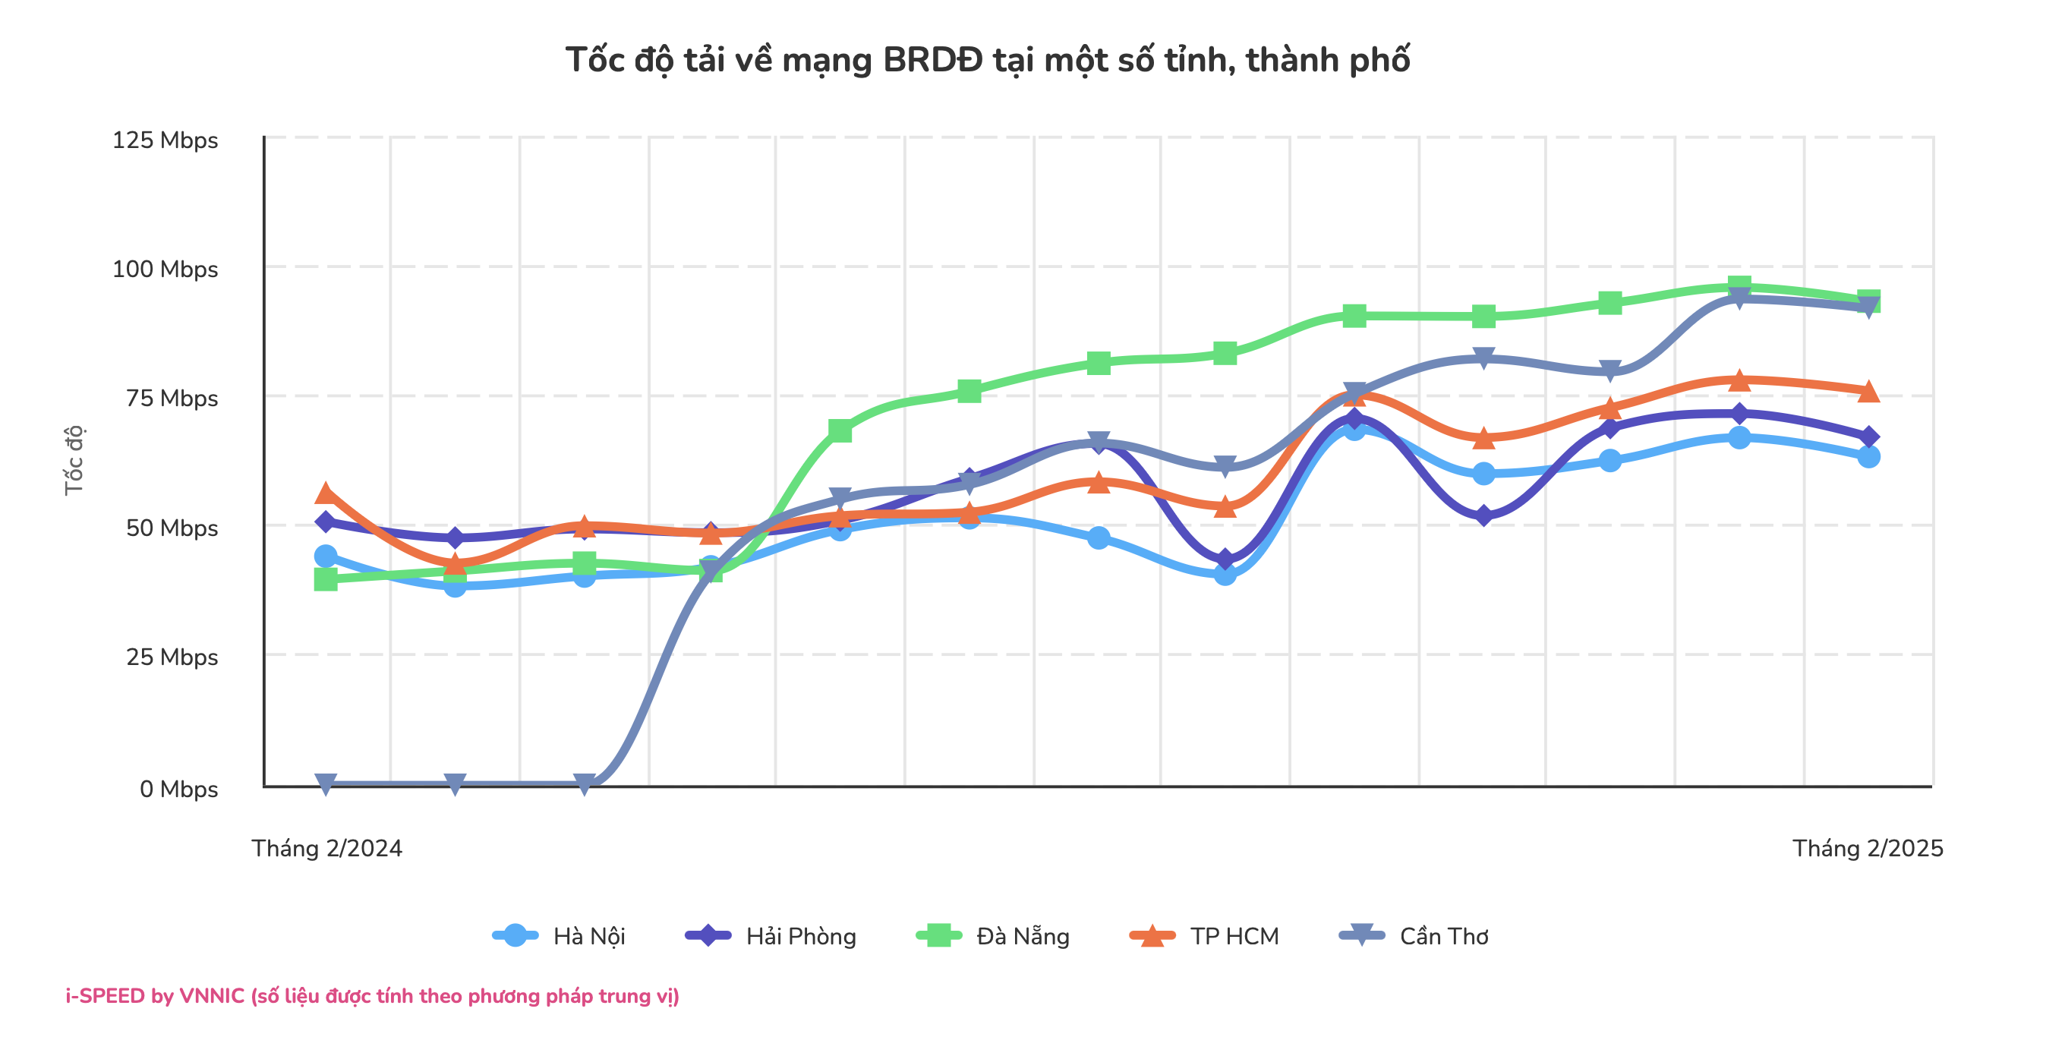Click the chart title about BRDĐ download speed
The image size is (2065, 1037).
tap(987, 60)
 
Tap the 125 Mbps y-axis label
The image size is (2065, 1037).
tap(166, 140)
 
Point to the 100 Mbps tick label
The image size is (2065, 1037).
tap(166, 269)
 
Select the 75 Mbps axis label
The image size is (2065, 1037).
tap(172, 399)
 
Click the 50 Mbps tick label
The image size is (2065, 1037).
tap(172, 528)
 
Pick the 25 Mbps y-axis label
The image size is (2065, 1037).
tap(172, 657)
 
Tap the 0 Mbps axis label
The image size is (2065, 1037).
tap(178, 790)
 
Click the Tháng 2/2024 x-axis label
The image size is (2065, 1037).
tap(327, 849)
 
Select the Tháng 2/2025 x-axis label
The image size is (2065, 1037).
tap(1867, 849)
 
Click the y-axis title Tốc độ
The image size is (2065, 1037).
tap(74, 460)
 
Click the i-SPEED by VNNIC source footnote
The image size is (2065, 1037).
tap(372, 996)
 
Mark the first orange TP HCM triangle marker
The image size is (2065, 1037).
tap(326, 493)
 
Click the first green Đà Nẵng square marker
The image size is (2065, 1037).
tap(326, 578)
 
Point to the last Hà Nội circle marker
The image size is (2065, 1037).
tap(1868, 457)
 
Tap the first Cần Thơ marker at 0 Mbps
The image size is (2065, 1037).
tap(326, 783)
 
